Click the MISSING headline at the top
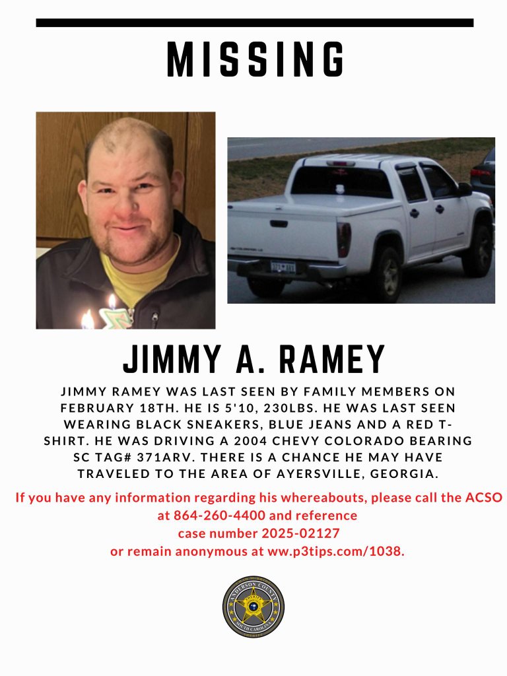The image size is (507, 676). tap(255, 60)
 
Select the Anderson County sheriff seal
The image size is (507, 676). tap(253, 606)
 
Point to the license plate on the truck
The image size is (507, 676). tap(282, 267)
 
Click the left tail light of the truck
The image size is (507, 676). tap(344, 238)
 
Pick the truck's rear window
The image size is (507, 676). tap(341, 181)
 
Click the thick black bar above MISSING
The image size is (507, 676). tap(255, 23)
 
